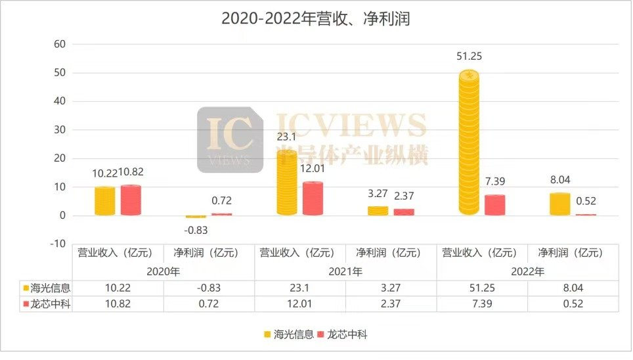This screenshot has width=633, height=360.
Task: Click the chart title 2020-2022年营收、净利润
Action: point(315,18)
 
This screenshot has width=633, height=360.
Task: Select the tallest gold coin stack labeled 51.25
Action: point(469,143)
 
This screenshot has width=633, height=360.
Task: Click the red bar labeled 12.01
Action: point(313,198)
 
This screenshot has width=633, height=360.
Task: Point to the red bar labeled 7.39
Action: point(495,205)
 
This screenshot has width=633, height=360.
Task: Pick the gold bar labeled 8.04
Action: point(559,204)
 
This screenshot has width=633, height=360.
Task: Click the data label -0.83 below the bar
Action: point(196,230)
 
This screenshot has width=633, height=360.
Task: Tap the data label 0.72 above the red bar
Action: point(221,201)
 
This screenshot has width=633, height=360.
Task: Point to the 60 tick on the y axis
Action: point(60,44)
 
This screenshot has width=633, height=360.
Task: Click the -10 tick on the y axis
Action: point(58,244)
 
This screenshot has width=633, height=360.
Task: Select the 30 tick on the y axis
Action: point(60,129)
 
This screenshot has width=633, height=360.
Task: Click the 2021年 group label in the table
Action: point(346,271)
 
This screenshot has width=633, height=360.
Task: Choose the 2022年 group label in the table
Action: point(528,271)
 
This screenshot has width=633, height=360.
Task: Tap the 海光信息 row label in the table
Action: point(47,288)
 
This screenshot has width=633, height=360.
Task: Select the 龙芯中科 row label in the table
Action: point(47,304)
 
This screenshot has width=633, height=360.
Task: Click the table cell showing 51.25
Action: point(483,288)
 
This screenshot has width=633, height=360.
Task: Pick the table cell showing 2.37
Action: point(391,304)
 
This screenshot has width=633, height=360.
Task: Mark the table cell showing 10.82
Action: point(118,304)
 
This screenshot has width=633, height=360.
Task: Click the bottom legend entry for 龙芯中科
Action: point(343,334)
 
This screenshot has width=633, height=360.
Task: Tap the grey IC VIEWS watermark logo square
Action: point(229,140)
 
